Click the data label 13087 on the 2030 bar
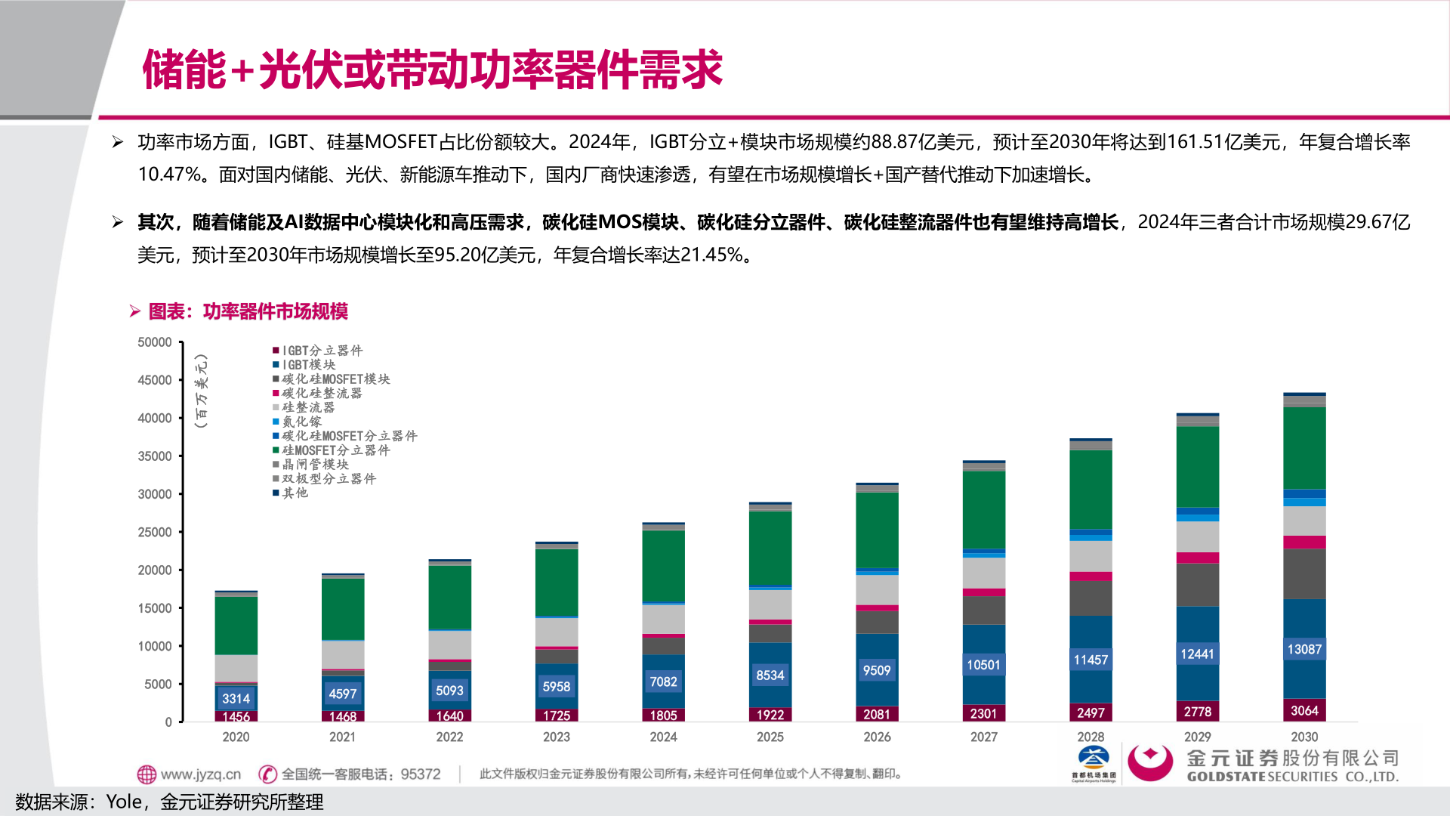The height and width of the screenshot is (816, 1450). [1304, 649]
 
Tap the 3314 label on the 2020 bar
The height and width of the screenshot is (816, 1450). [236, 698]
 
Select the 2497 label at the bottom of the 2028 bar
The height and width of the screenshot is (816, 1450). [1091, 712]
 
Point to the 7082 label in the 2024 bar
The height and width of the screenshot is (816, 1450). [663, 682]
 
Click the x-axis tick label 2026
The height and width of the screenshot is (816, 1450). [877, 737]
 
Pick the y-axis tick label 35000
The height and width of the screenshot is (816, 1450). [155, 456]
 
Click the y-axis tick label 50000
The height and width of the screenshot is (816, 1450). [155, 342]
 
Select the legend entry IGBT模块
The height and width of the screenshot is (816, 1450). [309, 365]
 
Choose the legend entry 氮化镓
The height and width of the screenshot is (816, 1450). [301, 422]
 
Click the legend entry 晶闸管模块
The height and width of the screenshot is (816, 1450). [315, 465]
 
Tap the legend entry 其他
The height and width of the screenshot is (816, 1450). [295, 493]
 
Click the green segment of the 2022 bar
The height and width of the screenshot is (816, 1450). [449, 597]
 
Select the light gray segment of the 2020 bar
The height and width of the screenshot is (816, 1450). [236, 668]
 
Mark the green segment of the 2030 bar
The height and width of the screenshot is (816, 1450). [1304, 447]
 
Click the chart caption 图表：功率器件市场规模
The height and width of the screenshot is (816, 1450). [248, 311]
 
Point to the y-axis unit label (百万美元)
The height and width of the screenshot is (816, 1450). [200, 391]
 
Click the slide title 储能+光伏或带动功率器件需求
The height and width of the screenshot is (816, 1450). [432, 70]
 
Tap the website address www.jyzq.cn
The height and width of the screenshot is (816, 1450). [200, 774]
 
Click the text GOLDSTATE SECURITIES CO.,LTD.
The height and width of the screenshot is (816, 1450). [1292, 777]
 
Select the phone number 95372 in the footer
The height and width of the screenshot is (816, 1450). [421, 774]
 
